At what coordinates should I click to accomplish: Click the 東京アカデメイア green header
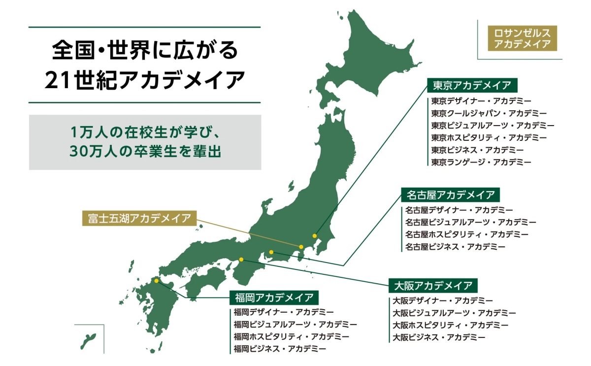tap(472, 85)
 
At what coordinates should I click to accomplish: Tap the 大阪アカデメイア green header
tap(433, 285)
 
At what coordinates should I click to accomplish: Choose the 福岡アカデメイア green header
tap(274, 298)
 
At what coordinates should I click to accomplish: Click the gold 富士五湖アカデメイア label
tap(139, 218)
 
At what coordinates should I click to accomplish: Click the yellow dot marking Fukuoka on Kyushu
tap(157, 281)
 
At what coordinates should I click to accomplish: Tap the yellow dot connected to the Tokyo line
tap(315, 236)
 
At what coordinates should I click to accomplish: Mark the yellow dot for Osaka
tap(241, 259)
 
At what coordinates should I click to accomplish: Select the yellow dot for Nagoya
tap(271, 252)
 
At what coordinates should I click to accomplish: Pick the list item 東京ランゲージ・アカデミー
tap(481, 162)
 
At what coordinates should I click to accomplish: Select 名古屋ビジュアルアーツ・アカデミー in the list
tap(471, 222)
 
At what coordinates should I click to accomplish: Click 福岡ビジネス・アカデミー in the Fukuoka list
tap(280, 349)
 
